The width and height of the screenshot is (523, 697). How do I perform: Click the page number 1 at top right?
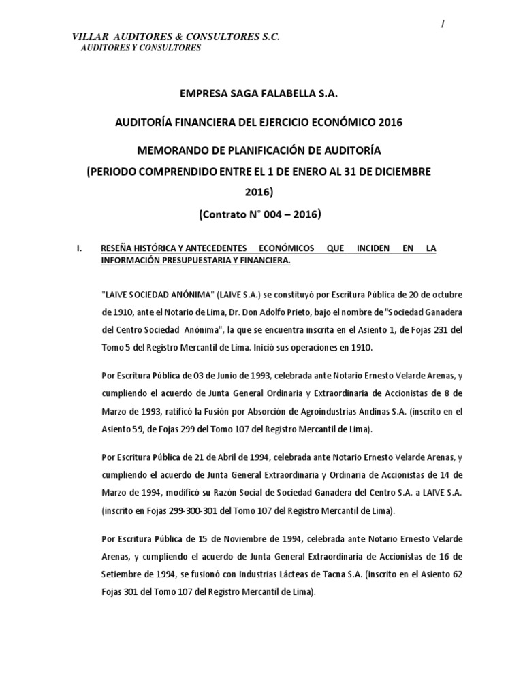(442, 25)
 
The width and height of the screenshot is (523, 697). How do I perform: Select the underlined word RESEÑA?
(118, 249)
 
